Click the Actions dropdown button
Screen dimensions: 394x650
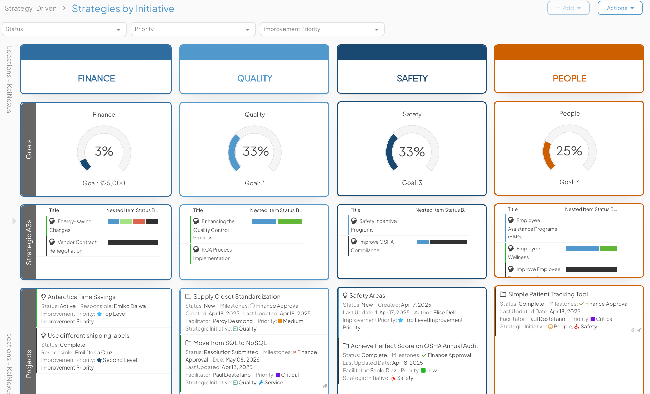(x=620, y=8)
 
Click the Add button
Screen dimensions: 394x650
(x=568, y=8)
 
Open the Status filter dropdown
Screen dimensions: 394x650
(x=64, y=29)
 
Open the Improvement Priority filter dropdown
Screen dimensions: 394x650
(x=322, y=29)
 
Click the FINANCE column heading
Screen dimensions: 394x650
(x=96, y=78)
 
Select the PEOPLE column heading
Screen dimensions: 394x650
(x=569, y=78)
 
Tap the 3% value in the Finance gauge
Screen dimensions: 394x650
(x=104, y=151)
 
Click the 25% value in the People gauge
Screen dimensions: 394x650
(x=569, y=151)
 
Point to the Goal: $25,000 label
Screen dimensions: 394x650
(x=104, y=183)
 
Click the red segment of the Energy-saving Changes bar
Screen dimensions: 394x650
(x=139, y=222)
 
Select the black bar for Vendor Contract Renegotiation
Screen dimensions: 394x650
(x=132, y=243)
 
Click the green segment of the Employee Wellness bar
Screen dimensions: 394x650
(x=608, y=249)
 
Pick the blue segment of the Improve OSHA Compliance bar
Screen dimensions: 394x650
(x=422, y=242)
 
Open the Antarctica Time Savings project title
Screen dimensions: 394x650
(x=81, y=297)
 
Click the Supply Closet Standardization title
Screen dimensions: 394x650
(x=237, y=297)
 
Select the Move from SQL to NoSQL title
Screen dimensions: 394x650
(x=230, y=343)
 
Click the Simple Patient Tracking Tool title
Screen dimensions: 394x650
(x=548, y=294)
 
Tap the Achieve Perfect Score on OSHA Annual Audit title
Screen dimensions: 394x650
(x=414, y=346)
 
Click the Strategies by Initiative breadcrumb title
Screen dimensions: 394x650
(x=123, y=9)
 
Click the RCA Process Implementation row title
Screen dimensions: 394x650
(x=212, y=254)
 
